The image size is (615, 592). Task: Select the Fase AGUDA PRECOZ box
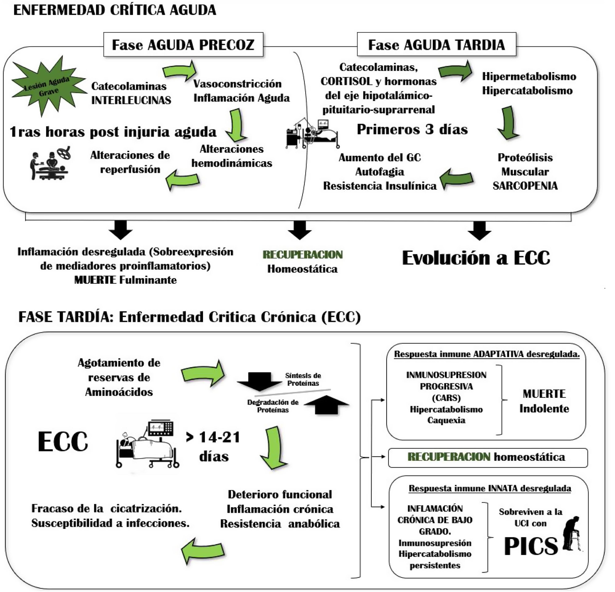[x=183, y=45]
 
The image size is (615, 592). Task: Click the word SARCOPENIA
[x=525, y=186]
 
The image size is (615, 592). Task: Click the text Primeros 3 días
[x=412, y=129]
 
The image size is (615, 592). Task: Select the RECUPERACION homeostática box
[x=488, y=458]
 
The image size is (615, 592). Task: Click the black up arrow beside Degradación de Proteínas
[x=326, y=405]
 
